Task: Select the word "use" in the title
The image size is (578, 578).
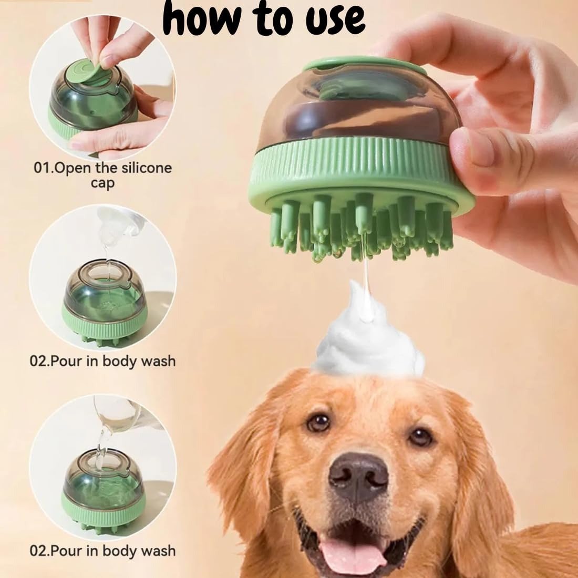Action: point(335,20)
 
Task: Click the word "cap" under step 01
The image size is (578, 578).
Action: point(103,183)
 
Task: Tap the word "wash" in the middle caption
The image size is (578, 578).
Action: point(158,361)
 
